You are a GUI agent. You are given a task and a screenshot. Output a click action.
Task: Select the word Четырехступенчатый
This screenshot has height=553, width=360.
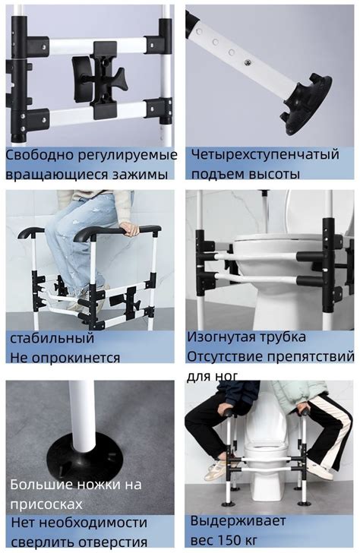(x=265, y=154)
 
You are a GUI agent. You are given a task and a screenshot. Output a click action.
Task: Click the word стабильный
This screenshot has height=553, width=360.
(x=52, y=338)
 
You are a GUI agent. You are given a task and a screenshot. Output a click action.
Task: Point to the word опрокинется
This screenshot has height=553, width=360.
(x=77, y=358)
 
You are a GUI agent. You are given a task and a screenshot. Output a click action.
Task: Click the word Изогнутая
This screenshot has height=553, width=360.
(x=221, y=337)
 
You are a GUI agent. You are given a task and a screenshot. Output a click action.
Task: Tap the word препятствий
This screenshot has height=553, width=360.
(x=311, y=356)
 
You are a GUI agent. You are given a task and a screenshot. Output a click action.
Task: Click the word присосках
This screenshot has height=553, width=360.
(x=46, y=504)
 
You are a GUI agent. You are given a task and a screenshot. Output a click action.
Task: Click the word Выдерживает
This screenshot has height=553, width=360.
(x=238, y=520)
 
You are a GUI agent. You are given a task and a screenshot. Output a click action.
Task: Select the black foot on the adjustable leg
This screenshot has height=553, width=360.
(x=305, y=105)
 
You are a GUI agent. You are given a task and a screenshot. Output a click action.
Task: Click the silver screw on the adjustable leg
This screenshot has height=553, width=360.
(x=248, y=62)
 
